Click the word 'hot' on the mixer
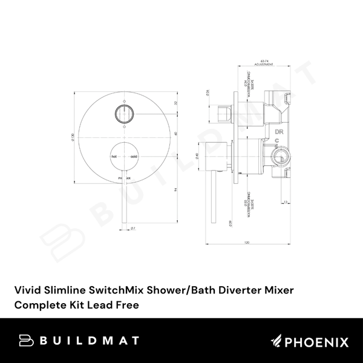point(113,156)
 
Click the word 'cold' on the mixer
point(134,156)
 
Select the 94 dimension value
point(175,189)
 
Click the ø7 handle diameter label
point(132,229)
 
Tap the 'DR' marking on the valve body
point(279,131)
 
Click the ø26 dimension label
point(208,94)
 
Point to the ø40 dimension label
point(197,156)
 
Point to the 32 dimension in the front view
point(175,103)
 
